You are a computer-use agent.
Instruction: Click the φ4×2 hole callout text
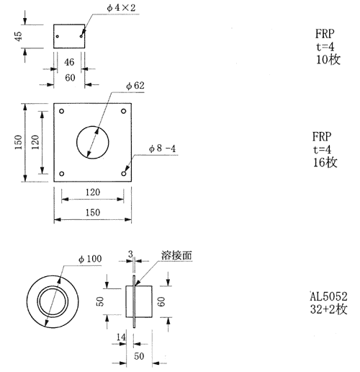[x=121, y=8]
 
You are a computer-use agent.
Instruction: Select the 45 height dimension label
[x=18, y=36]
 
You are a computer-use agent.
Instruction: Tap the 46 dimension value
[x=69, y=62]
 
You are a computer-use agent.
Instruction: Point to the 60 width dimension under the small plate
[x=70, y=78]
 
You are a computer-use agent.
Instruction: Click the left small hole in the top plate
[x=58, y=37]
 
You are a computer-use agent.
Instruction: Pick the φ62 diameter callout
[x=135, y=86]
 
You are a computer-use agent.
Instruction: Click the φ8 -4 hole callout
[x=162, y=149]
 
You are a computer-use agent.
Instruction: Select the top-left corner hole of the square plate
[x=62, y=111]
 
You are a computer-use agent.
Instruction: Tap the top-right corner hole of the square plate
[x=124, y=111]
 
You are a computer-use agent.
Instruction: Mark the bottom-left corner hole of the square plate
[x=62, y=174]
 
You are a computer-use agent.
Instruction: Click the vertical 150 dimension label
[x=18, y=142]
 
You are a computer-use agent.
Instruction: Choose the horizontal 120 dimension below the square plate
[x=93, y=192]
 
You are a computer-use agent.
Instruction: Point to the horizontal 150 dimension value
[x=93, y=213]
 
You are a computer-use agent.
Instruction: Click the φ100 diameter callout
[x=90, y=259]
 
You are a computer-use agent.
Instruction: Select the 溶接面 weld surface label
[x=176, y=255]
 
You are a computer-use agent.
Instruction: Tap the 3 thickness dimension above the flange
[x=130, y=254]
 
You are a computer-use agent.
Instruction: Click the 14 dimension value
[x=121, y=337]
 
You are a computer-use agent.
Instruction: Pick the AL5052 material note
[x=328, y=296]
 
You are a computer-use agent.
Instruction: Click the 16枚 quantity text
[x=325, y=162]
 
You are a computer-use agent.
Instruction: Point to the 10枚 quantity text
[x=328, y=59]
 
